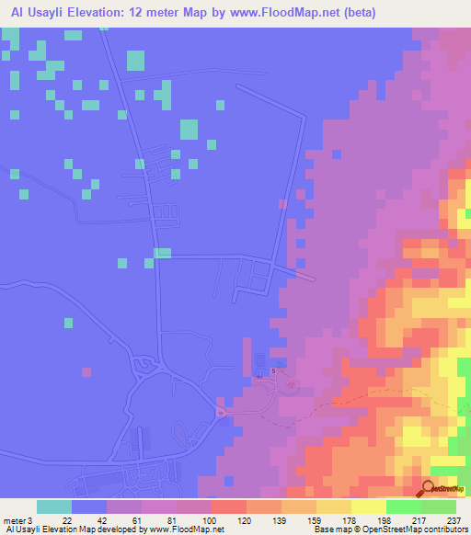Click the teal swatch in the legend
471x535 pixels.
pyautogui.click(x=54, y=507)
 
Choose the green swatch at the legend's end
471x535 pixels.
pyautogui.click(x=439, y=507)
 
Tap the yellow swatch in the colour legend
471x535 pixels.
pyautogui.click(x=369, y=507)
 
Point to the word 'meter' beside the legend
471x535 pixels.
pyautogui.click(x=13, y=519)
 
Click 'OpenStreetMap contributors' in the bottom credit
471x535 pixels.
pyautogui.click(x=424, y=530)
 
